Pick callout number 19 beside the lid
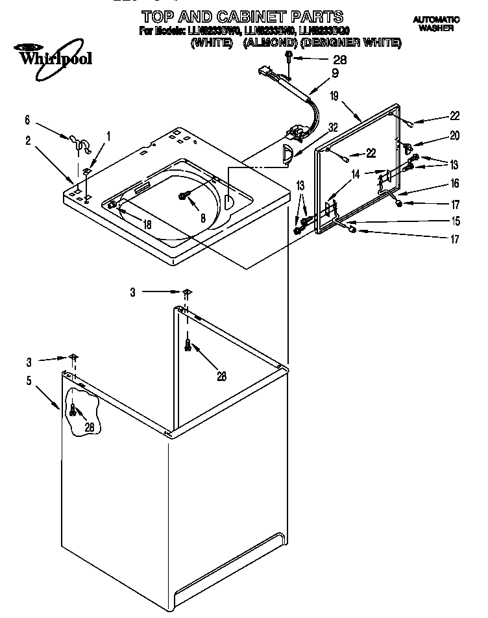click(x=334, y=96)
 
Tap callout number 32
click(x=333, y=128)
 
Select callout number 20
click(x=454, y=136)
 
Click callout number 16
click(x=454, y=184)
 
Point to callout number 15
click(x=454, y=221)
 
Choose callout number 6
click(x=27, y=119)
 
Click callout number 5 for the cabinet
click(x=29, y=381)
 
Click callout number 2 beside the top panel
click(x=28, y=140)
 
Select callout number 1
click(x=108, y=136)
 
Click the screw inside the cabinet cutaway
click(x=73, y=410)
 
